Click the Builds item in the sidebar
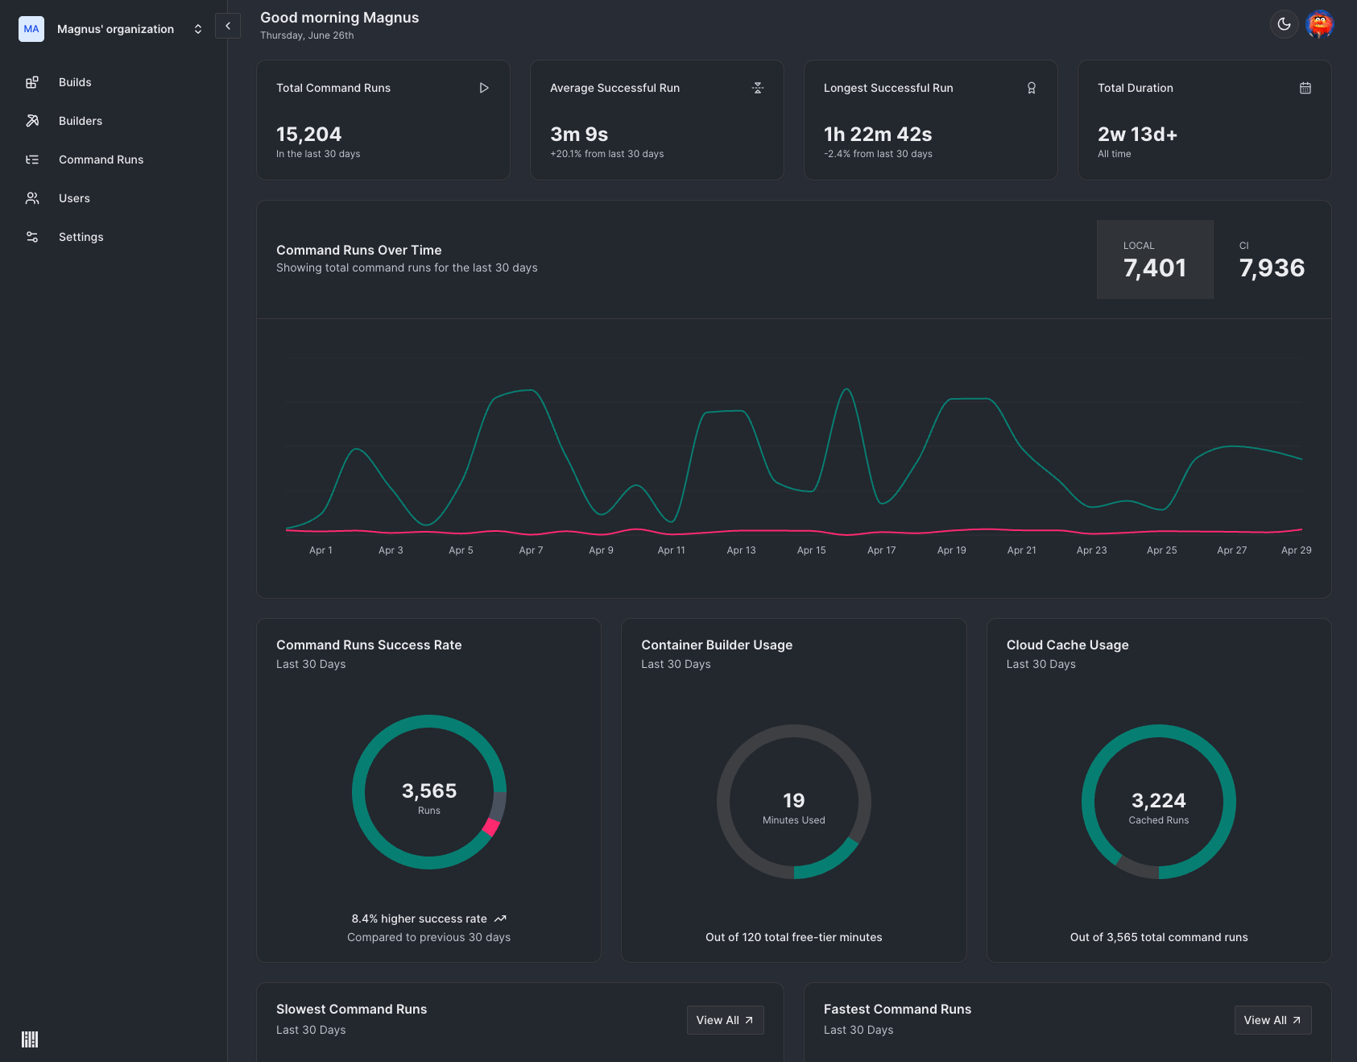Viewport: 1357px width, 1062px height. click(x=74, y=82)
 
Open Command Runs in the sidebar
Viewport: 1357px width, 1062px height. click(x=101, y=160)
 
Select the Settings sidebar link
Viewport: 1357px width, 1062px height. click(x=81, y=237)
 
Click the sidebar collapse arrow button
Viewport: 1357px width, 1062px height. click(x=228, y=26)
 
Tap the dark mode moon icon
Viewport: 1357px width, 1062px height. click(x=1284, y=24)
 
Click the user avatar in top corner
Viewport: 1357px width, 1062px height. click(x=1319, y=24)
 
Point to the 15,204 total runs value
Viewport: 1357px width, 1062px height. click(x=308, y=134)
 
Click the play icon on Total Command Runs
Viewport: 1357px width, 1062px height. click(x=484, y=88)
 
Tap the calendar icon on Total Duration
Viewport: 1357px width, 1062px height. click(x=1305, y=88)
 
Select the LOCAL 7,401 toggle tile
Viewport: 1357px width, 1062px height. click(x=1154, y=259)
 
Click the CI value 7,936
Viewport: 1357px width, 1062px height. click(x=1272, y=268)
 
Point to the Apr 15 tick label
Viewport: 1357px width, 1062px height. click(x=811, y=550)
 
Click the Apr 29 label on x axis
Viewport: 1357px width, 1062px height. click(x=1296, y=550)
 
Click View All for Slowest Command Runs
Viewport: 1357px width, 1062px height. click(x=725, y=1020)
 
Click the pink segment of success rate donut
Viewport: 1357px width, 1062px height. click(x=490, y=828)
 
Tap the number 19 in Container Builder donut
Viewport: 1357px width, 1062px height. click(x=793, y=800)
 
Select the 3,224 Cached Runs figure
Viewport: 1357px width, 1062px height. click(x=1158, y=800)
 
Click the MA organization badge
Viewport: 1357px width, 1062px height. click(x=31, y=29)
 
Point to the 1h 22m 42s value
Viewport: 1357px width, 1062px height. click(x=878, y=134)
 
